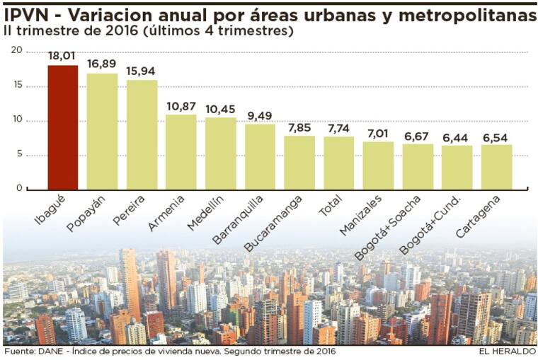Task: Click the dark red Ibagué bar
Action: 62,127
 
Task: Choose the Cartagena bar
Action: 496,167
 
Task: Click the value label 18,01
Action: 62,56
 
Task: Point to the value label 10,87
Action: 181,105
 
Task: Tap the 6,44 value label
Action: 457,137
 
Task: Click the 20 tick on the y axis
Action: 18,51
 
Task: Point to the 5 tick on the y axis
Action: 20,155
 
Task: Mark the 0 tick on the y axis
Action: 20,189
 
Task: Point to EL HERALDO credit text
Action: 506,352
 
